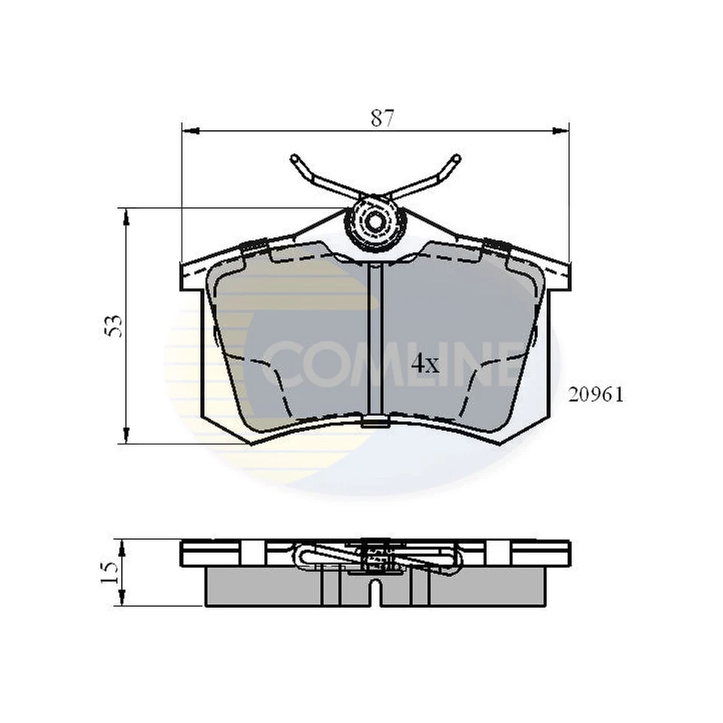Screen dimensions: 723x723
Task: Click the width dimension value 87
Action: pos(383,117)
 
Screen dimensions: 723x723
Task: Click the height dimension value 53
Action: pos(113,325)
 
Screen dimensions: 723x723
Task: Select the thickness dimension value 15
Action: pos(110,572)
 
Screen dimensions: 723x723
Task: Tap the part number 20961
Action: pos(596,395)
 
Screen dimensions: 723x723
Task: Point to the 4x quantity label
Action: pos(425,365)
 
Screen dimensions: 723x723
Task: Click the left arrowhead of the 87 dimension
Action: pos(191,131)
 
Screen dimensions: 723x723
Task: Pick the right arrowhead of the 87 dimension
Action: pos(561,131)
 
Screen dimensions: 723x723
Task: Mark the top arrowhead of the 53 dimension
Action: pos(126,216)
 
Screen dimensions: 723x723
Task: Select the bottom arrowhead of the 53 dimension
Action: pos(126,435)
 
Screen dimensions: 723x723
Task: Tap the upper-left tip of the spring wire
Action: pos(294,160)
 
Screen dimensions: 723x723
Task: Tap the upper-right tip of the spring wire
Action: pos(455,159)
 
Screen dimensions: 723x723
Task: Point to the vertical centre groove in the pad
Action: pos(376,339)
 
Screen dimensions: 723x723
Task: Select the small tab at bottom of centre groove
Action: pos(376,422)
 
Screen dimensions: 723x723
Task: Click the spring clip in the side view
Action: pos(375,557)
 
